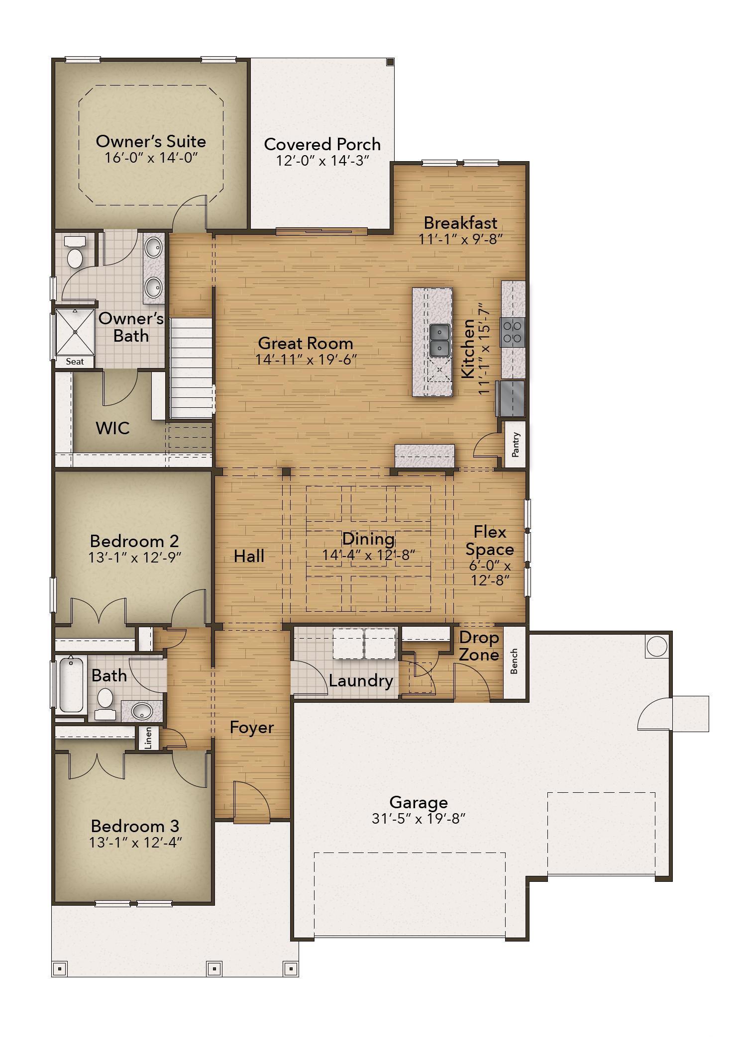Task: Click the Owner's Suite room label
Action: click(151, 141)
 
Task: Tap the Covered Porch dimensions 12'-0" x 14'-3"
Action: click(322, 161)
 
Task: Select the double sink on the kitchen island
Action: click(440, 340)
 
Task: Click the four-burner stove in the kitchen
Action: click(513, 332)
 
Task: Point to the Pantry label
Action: click(516, 445)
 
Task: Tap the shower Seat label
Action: click(75, 362)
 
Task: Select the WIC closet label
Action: click(113, 428)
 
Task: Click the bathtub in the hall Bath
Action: click(71, 684)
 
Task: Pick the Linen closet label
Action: click(148, 738)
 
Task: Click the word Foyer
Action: click(252, 728)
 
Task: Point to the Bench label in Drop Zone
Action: click(514, 661)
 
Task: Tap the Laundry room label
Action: click(361, 681)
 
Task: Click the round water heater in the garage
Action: click(656, 646)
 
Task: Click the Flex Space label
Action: click(490, 541)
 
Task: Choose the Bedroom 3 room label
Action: click(135, 826)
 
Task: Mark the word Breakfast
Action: click(460, 222)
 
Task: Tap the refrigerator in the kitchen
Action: click(511, 398)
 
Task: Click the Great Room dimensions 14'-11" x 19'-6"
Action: click(306, 360)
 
